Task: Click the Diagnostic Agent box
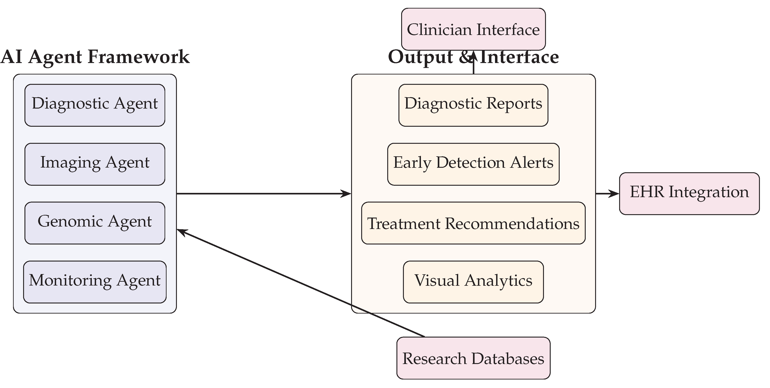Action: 95,105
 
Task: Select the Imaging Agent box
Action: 95,164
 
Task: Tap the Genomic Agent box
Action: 95,223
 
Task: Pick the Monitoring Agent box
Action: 95,282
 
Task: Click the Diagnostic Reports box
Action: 473,105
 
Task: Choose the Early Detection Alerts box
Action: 473,164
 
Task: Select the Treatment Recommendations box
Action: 473,223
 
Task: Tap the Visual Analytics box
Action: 473,282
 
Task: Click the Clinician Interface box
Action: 473,29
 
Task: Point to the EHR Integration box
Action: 689,193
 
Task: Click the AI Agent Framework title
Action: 95,57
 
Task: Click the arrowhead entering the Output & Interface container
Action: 347,194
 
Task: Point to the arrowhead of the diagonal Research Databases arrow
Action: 181,231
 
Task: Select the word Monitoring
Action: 70,281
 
